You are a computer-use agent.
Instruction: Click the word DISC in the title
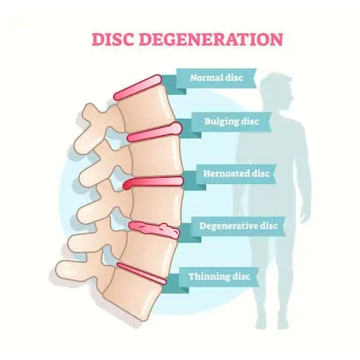point(112,39)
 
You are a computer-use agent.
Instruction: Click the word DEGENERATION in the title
point(211,39)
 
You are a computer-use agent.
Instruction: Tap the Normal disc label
point(216,77)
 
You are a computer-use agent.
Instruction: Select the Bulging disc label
point(231,122)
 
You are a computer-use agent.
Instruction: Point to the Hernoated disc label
point(236,174)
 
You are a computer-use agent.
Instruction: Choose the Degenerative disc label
point(238,226)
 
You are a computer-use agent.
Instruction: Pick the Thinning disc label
point(219,276)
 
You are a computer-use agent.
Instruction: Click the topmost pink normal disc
point(138,87)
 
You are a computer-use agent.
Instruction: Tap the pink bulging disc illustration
point(155,132)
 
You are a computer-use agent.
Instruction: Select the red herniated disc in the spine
point(153,182)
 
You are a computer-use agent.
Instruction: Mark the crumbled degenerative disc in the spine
point(154,229)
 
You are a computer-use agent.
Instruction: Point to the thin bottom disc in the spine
point(141,273)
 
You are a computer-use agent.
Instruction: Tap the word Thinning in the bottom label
point(206,276)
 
